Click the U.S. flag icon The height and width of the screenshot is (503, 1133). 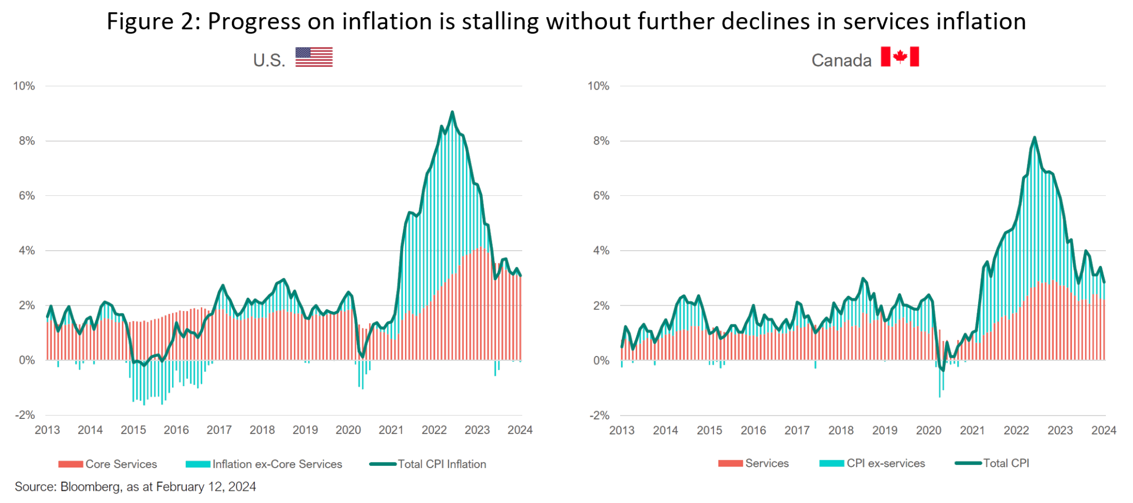[x=314, y=57]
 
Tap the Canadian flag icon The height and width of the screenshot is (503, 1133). [x=900, y=56]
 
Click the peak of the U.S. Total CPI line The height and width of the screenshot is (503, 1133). [x=452, y=112]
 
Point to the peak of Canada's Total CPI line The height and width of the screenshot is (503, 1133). [x=1034, y=138]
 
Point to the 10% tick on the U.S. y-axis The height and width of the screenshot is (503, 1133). [x=24, y=86]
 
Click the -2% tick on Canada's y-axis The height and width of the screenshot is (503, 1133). [x=598, y=415]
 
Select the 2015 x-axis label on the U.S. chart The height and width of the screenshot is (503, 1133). [x=133, y=430]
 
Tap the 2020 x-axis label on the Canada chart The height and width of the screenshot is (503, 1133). [x=928, y=430]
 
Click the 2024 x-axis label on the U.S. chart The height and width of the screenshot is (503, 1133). [x=520, y=430]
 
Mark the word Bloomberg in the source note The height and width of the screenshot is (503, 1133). [x=90, y=487]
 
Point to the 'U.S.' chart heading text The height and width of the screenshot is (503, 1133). [x=269, y=60]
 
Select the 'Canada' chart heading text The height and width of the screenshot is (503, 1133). [x=841, y=60]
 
